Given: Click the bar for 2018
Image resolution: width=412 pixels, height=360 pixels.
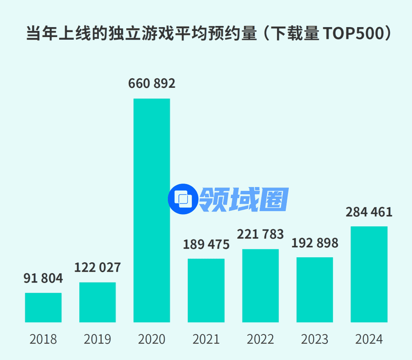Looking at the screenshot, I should point(43,307).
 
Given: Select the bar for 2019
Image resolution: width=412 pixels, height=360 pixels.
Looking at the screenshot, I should point(97,302).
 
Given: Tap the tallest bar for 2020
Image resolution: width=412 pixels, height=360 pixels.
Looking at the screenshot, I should point(151,210).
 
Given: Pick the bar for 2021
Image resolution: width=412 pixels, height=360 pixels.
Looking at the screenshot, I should point(206,290).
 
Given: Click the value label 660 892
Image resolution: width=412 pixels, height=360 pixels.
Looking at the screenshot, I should point(151,84).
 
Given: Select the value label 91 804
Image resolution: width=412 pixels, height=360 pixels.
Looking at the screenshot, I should point(43,278).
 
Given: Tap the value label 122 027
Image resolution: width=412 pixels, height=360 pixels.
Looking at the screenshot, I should point(97,267).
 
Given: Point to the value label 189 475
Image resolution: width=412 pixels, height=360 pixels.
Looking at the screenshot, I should point(206,244).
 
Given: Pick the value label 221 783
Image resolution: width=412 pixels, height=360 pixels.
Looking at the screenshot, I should point(260,234).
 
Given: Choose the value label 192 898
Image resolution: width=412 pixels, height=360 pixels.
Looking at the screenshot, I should point(315,243).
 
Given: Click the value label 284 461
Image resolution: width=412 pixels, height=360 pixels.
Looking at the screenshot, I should point(369,212).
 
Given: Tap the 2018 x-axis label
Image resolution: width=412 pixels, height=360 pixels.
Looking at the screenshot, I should point(43,339).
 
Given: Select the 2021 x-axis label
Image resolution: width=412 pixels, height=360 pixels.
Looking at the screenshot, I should point(206,339).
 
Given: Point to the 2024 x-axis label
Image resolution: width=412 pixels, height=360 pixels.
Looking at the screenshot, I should point(369,339).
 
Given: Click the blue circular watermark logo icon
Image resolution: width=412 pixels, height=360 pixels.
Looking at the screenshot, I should point(183,199).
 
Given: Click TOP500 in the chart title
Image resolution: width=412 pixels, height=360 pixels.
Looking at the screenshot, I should point(350,34).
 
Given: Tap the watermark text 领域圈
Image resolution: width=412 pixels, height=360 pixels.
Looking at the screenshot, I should point(244,199).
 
